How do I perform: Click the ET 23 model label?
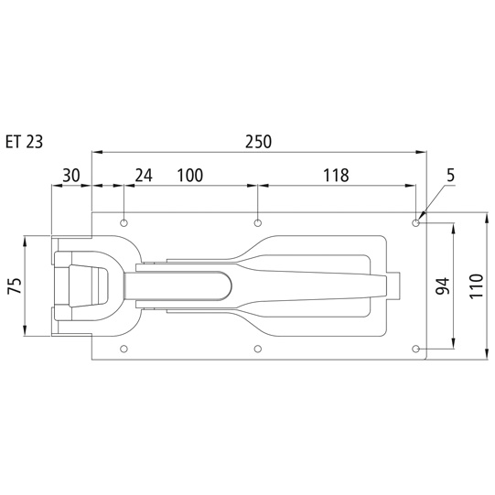[25, 142]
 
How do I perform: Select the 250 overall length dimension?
[259, 142]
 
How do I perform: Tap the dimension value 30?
[71, 176]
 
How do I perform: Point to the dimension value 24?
[144, 176]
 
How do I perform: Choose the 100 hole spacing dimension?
[190, 176]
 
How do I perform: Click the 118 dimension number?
[336, 176]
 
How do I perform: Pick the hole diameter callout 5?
[451, 176]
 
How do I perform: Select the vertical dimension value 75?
[16, 285]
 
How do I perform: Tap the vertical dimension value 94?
[442, 285]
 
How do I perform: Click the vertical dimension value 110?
[477, 285]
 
